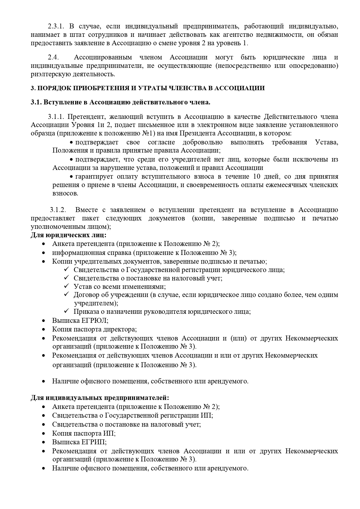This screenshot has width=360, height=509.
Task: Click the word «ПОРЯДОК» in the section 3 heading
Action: (53, 88)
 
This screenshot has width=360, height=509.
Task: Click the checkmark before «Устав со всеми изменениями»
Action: (66, 287)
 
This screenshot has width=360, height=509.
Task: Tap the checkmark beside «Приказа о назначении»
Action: (66, 311)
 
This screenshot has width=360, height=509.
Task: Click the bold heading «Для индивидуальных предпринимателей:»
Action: (100, 398)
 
